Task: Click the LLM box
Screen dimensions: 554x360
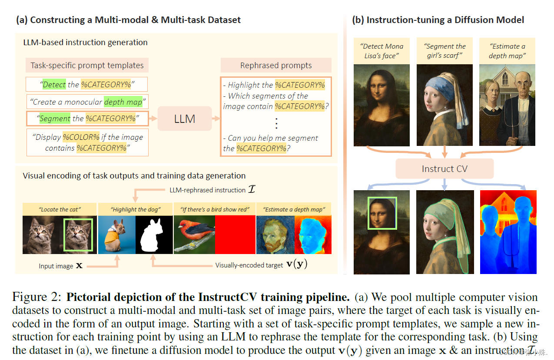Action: pos(184,118)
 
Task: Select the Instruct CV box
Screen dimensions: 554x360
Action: pos(444,168)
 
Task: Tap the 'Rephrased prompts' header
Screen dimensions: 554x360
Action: pos(276,66)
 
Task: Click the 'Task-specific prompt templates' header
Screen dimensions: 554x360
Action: pos(87,66)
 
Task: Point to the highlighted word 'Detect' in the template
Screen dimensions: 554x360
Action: pos(54,84)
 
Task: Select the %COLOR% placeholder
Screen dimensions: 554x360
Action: pos(81,137)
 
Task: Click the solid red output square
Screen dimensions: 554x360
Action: pos(235,234)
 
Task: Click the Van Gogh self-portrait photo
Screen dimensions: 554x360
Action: pos(275,234)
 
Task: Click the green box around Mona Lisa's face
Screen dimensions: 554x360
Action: pos(382,213)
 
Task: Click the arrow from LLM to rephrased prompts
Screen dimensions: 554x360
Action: pos(216,118)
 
